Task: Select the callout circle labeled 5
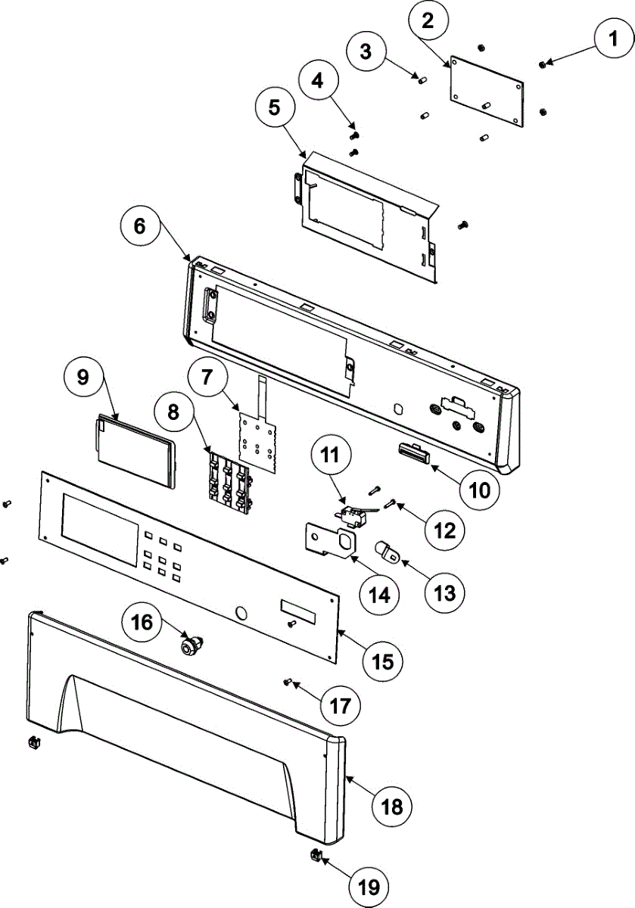[x=273, y=107]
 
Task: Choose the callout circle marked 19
[x=369, y=885]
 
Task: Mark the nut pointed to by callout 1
[x=542, y=65]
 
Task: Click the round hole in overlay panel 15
[x=242, y=612]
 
